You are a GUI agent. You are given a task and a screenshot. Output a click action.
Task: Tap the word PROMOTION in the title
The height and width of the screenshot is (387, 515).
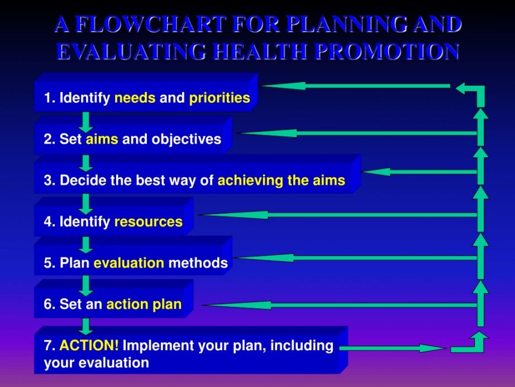point(387,51)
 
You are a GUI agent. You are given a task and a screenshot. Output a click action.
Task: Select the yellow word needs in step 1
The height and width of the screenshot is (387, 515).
point(135,98)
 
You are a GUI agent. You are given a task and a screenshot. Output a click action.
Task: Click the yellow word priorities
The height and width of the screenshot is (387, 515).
point(220,98)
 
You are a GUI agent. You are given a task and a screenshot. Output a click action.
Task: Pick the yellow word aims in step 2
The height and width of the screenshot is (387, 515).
point(102,139)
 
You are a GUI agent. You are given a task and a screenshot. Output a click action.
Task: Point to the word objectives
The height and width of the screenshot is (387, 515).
point(186,139)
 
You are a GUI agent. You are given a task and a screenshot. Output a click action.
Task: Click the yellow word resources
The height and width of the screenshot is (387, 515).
point(149,222)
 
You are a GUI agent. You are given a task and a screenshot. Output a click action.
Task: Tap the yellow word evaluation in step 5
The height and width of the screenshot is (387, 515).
point(128,263)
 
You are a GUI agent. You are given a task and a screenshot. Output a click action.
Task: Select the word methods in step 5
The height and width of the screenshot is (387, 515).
point(198,263)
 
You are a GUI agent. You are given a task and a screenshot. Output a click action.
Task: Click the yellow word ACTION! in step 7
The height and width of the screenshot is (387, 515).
point(89,346)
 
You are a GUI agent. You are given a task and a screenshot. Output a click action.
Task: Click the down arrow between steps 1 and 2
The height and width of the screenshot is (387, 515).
point(85,122)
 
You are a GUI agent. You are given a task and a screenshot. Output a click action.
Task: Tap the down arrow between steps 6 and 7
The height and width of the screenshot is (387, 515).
point(85,326)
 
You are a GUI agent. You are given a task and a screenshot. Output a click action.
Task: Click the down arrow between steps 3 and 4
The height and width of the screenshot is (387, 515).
point(85,204)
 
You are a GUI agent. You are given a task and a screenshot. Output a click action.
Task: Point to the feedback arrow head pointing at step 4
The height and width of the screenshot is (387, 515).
point(233,215)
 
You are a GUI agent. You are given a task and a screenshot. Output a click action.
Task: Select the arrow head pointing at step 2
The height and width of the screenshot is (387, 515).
point(266,133)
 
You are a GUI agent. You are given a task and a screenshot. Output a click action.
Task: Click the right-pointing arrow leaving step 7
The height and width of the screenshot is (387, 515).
point(393,348)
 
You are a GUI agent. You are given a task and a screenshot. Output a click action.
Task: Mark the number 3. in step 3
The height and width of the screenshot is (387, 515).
point(50,181)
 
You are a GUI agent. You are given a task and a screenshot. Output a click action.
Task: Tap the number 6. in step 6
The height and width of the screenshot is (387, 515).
point(50,304)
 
